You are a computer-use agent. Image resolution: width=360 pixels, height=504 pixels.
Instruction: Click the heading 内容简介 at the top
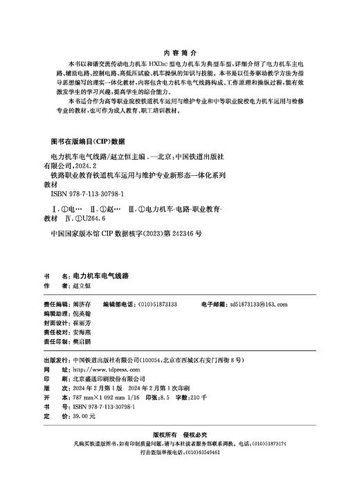180,52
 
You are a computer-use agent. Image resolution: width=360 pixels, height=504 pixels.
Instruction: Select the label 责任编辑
54,304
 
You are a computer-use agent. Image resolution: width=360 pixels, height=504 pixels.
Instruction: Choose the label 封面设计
54,323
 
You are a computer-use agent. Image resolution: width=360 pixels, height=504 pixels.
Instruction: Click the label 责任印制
54,342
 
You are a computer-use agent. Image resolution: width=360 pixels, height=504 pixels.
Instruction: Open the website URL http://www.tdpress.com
97,370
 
